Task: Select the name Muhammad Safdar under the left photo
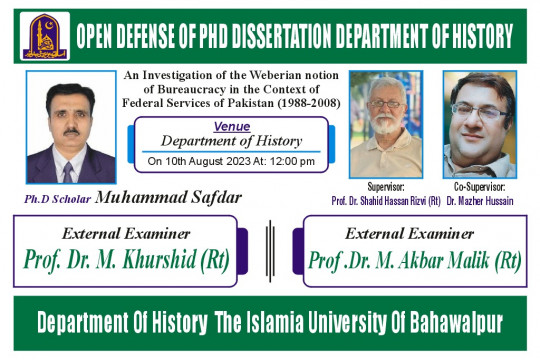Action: pos(169,197)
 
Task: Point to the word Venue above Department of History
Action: pos(232,127)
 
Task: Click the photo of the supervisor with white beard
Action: pos(385,123)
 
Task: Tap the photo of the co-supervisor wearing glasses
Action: pos(478,123)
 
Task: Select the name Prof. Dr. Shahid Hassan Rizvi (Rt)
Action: pos(386,200)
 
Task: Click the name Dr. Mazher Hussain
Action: pos(479,200)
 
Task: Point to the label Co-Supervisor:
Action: pos(479,187)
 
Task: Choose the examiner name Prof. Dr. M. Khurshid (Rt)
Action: pos(126,260)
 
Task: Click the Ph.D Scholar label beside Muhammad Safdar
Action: pos(57,199)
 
